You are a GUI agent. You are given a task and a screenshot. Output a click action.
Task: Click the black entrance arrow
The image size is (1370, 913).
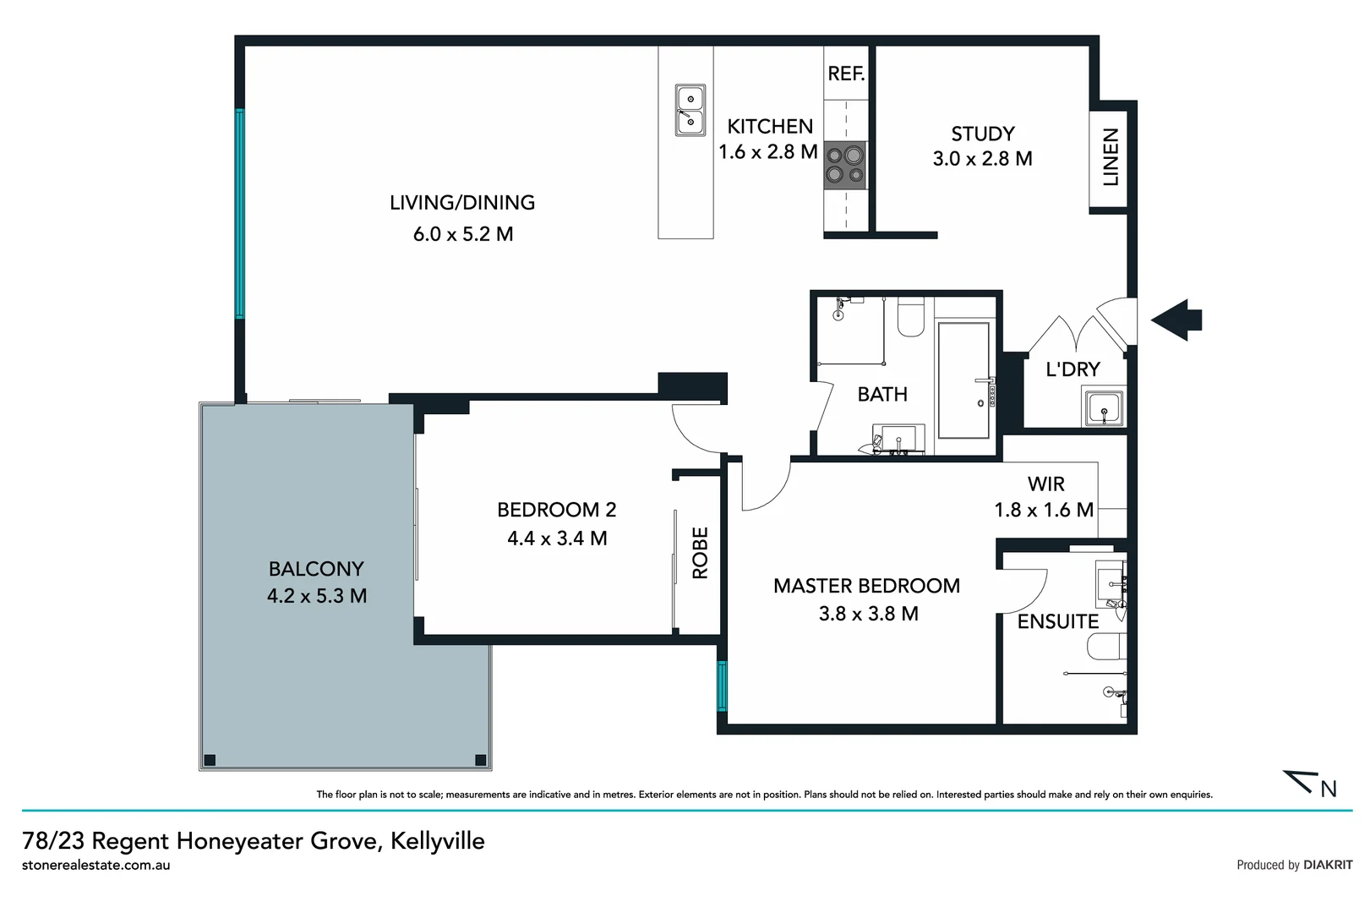point(1176,320)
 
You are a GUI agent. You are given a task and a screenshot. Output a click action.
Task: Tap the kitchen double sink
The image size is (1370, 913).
point(690,111)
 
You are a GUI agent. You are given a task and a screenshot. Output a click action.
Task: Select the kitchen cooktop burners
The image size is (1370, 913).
point(845,164)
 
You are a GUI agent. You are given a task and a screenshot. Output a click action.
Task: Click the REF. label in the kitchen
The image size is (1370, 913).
point(846,74)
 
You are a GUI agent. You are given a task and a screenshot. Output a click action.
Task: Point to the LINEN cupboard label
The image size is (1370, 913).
point(1111,158)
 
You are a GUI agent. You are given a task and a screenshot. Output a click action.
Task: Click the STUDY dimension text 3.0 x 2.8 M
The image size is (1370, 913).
point(982,159)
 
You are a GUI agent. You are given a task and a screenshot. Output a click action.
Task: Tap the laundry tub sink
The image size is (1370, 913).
point(1104,410)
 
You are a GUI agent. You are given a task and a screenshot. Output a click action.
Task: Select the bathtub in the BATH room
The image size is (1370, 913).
point(963,380)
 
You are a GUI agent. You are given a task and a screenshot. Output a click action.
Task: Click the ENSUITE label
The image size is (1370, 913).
point(1057,621)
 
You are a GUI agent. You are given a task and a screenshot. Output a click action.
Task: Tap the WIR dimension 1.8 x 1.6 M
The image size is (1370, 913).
point(1044,510)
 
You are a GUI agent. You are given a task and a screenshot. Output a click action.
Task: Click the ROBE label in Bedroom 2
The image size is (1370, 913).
point(700,553)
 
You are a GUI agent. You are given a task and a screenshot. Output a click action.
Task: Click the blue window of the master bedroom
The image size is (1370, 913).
point(722,686)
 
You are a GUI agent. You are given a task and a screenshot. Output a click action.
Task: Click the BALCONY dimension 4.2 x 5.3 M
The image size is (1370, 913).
point(317,596)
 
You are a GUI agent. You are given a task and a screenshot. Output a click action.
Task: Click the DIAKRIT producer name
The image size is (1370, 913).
point(1327,865)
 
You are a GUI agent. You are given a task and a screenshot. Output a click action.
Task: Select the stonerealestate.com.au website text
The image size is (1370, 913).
point(96,866)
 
